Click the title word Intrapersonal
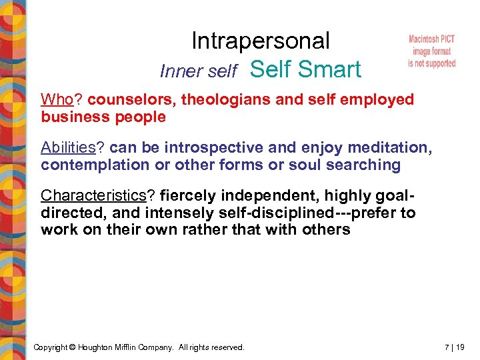click(x=260, y=41)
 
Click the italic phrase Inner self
click(x=199, y=71)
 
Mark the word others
click(x=326, y=229)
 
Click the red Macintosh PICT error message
click(x=431, y=51)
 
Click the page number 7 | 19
click(x=455, y=347)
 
